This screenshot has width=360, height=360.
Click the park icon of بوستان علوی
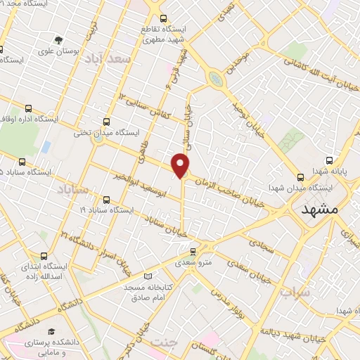tap(58, 40)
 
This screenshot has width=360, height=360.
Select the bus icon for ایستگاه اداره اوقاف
tap(28, 108)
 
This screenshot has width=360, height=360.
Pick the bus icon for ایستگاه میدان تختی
tap(107, 120)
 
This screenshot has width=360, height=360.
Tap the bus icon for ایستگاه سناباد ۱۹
tap(107, 199)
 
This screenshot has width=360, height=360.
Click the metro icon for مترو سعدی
tap(194, 250)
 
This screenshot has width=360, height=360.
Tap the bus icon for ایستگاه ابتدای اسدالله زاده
tap(44, 256)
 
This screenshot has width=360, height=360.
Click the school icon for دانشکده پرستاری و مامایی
tap(50, 331)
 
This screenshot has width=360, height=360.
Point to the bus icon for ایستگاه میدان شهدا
tap(300, 177)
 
